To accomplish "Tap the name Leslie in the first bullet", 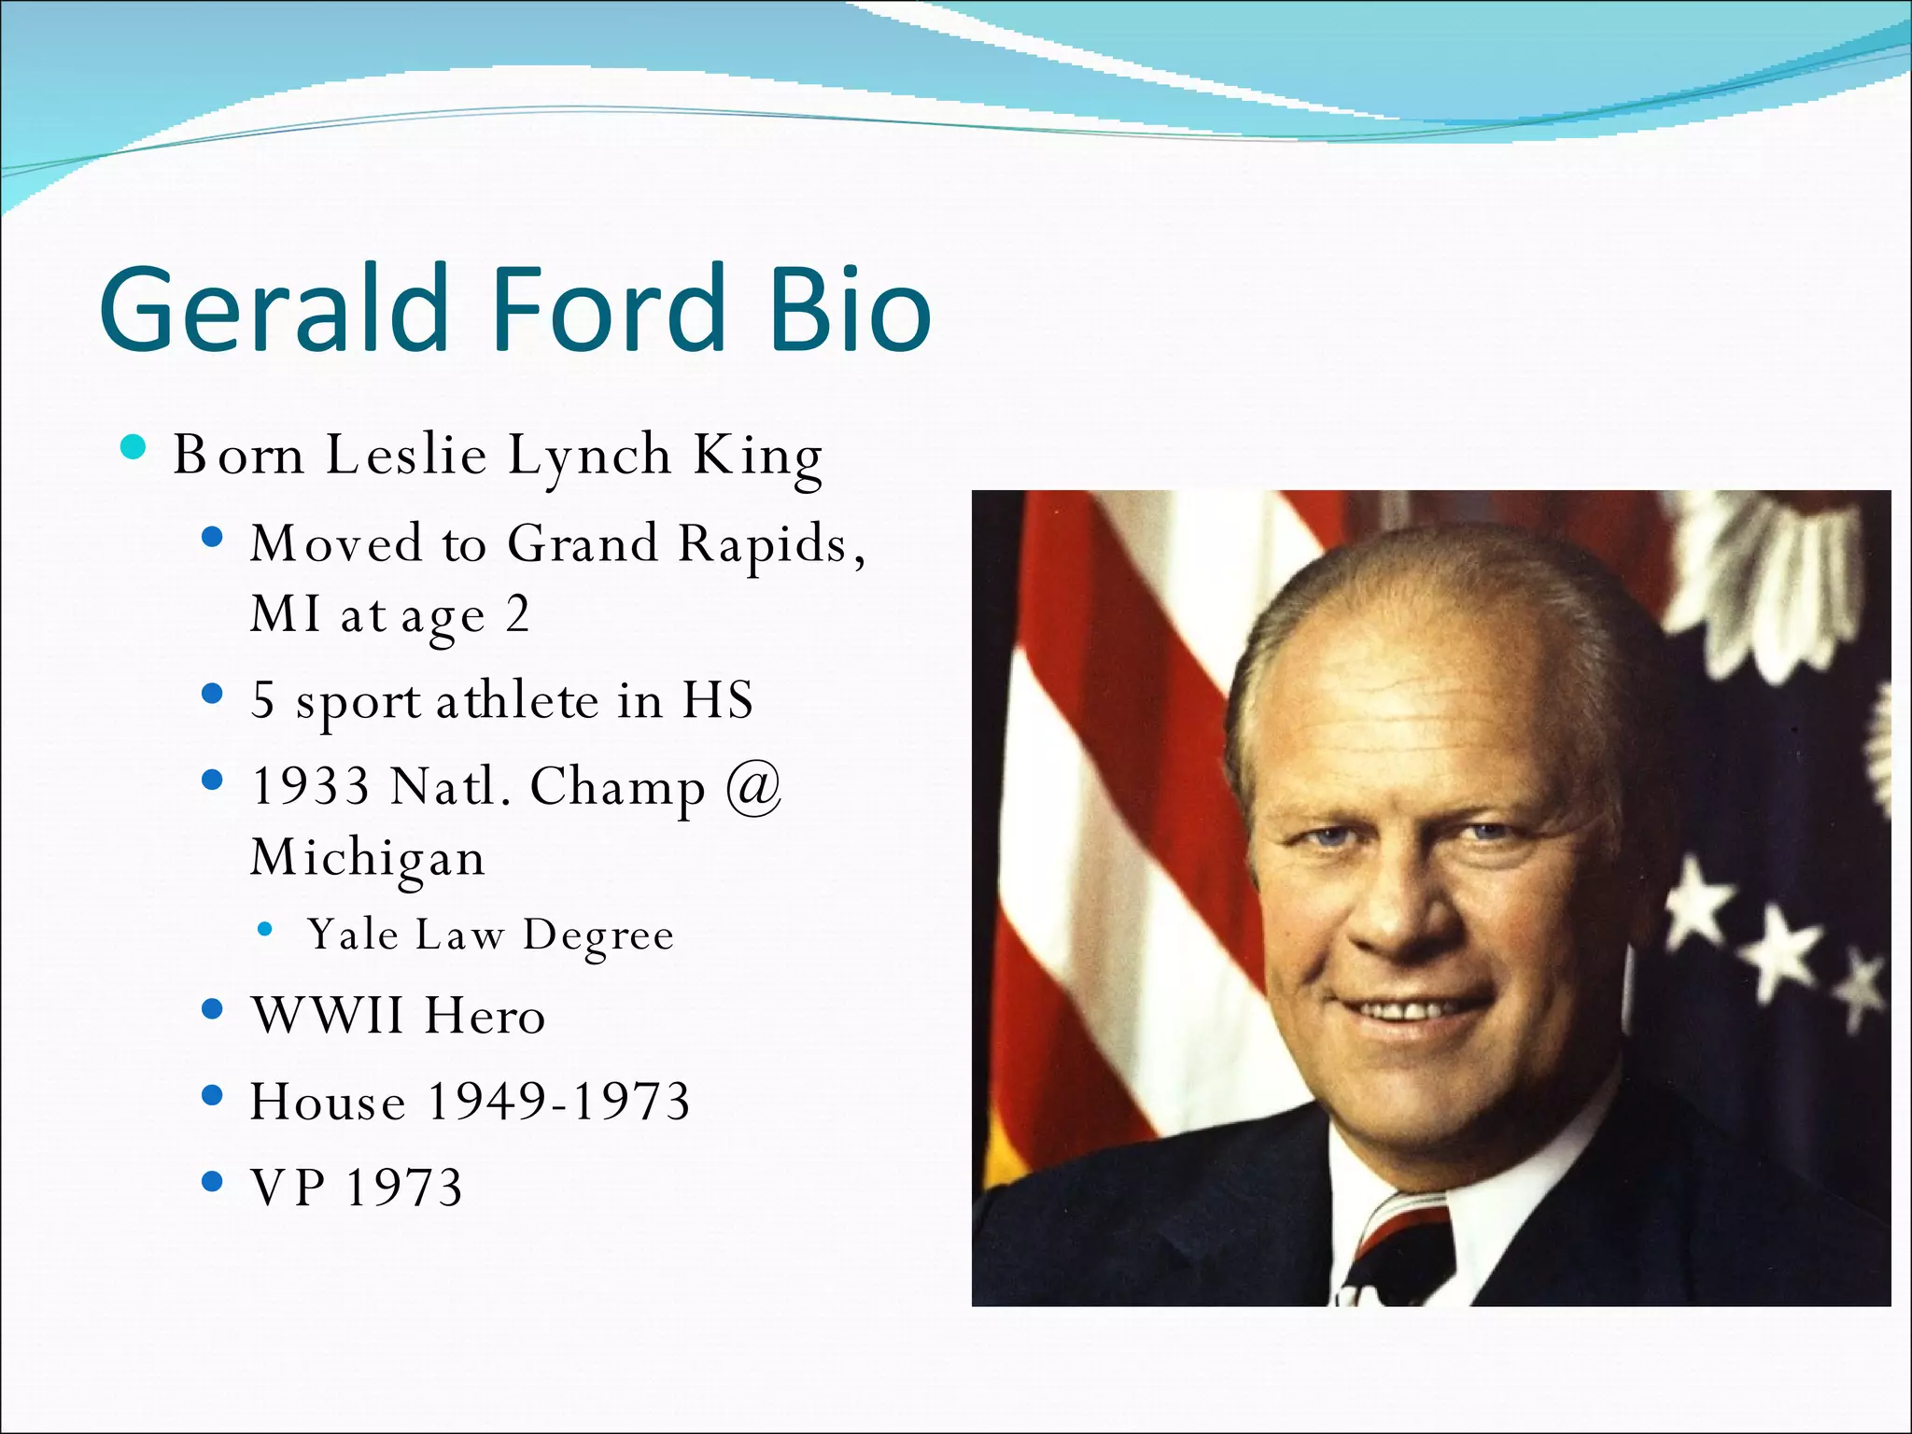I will (x=406, y=455).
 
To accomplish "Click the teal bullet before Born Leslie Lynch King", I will (x=134, y=448).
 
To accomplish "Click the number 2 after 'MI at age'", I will (x=517, y=614).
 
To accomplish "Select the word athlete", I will (x=516, y=700).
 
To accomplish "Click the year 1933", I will (x=310, y=785).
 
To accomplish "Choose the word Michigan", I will (x=368, y=857).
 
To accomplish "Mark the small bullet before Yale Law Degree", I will (x=266, y=929).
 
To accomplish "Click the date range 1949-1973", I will (x=557, y=1101).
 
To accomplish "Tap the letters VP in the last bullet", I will (x=288, y=1187).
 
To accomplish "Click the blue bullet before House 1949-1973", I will (x=213, y=1095).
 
